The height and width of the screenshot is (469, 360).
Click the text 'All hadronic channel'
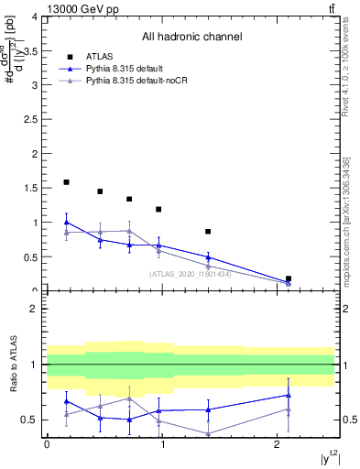coord(191,38)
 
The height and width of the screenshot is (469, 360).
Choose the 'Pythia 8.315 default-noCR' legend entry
coord(143,82)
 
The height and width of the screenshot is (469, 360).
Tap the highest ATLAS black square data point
coord(66,182)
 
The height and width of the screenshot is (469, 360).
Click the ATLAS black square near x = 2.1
coord(289,278)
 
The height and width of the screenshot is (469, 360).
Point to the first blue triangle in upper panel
coord(66,222)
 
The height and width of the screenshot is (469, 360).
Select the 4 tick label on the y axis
coord(35,16)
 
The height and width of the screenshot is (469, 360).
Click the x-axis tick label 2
coord(278,444)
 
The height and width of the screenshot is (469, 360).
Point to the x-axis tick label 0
coord(47,444)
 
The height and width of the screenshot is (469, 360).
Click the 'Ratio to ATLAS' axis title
coord(13,365)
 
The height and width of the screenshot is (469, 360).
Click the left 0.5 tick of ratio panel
coord(34,420)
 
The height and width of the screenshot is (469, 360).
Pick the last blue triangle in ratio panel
coord(289,395)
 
